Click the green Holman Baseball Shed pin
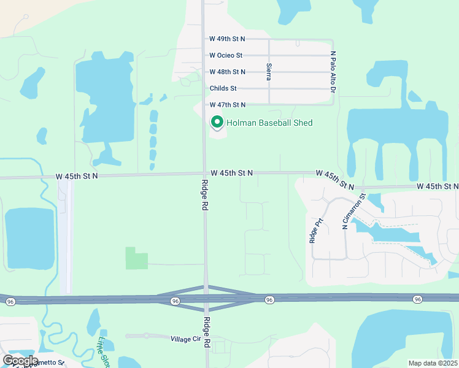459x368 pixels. pos(217,122)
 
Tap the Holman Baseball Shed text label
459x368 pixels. pos(269,123)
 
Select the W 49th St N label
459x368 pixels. pos(227,39)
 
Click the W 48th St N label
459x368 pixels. pos(227,72)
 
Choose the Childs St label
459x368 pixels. pos(223,88)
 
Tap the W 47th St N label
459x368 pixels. pos(227,105)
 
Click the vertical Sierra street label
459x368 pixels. pos(269,71)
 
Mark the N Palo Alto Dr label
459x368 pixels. pos(333,72)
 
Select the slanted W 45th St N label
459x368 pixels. pos(335,180)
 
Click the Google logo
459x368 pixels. pos(20,360)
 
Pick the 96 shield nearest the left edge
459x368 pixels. pos(10,302)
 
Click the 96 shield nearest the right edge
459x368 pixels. pos(418,299)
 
